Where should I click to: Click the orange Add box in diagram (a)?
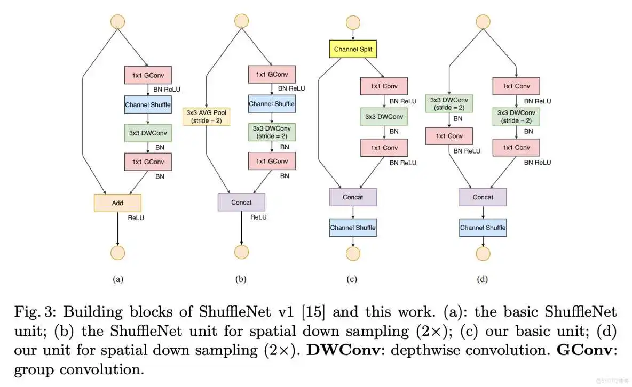point(117,203)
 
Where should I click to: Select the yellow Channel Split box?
point(352,50)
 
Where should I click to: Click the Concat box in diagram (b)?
point(241,202)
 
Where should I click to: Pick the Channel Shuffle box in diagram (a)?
point(148,104)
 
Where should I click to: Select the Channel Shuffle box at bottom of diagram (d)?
point(483,228)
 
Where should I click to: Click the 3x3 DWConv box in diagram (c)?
point(384,116)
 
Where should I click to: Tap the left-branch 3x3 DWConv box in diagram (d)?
point(449,103)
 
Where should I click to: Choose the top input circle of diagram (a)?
point(117,21)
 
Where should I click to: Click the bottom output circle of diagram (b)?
point(241,252)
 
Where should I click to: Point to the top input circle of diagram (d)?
point(483,21)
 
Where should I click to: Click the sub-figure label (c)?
point(352,279)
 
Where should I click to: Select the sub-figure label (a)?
point(118,279)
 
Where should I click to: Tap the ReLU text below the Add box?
point(136,217)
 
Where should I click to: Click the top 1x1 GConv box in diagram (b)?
point(272,74)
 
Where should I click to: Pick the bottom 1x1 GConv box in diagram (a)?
point(148,161)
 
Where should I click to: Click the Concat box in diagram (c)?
point(353,197)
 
